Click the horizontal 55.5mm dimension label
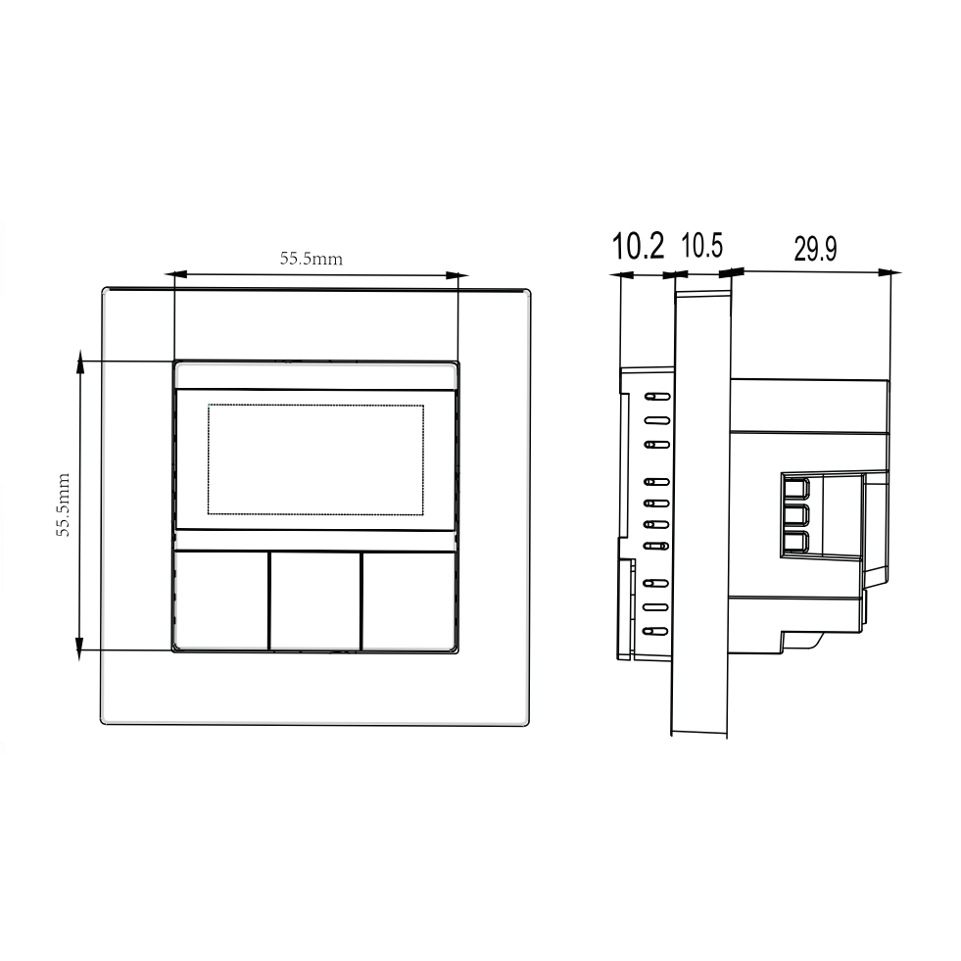[x=312, y=259]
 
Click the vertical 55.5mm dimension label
[x=64, y=505]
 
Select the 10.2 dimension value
[x=638, y=246]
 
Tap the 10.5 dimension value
[x=702, y=245]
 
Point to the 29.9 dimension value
[x=815, y=249]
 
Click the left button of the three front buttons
[x=221, y=601]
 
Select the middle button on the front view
[x=315, y=601]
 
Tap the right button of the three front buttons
[x=408, y=601]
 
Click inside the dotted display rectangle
[x=315, y=459]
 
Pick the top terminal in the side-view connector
[x=796, y=489]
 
